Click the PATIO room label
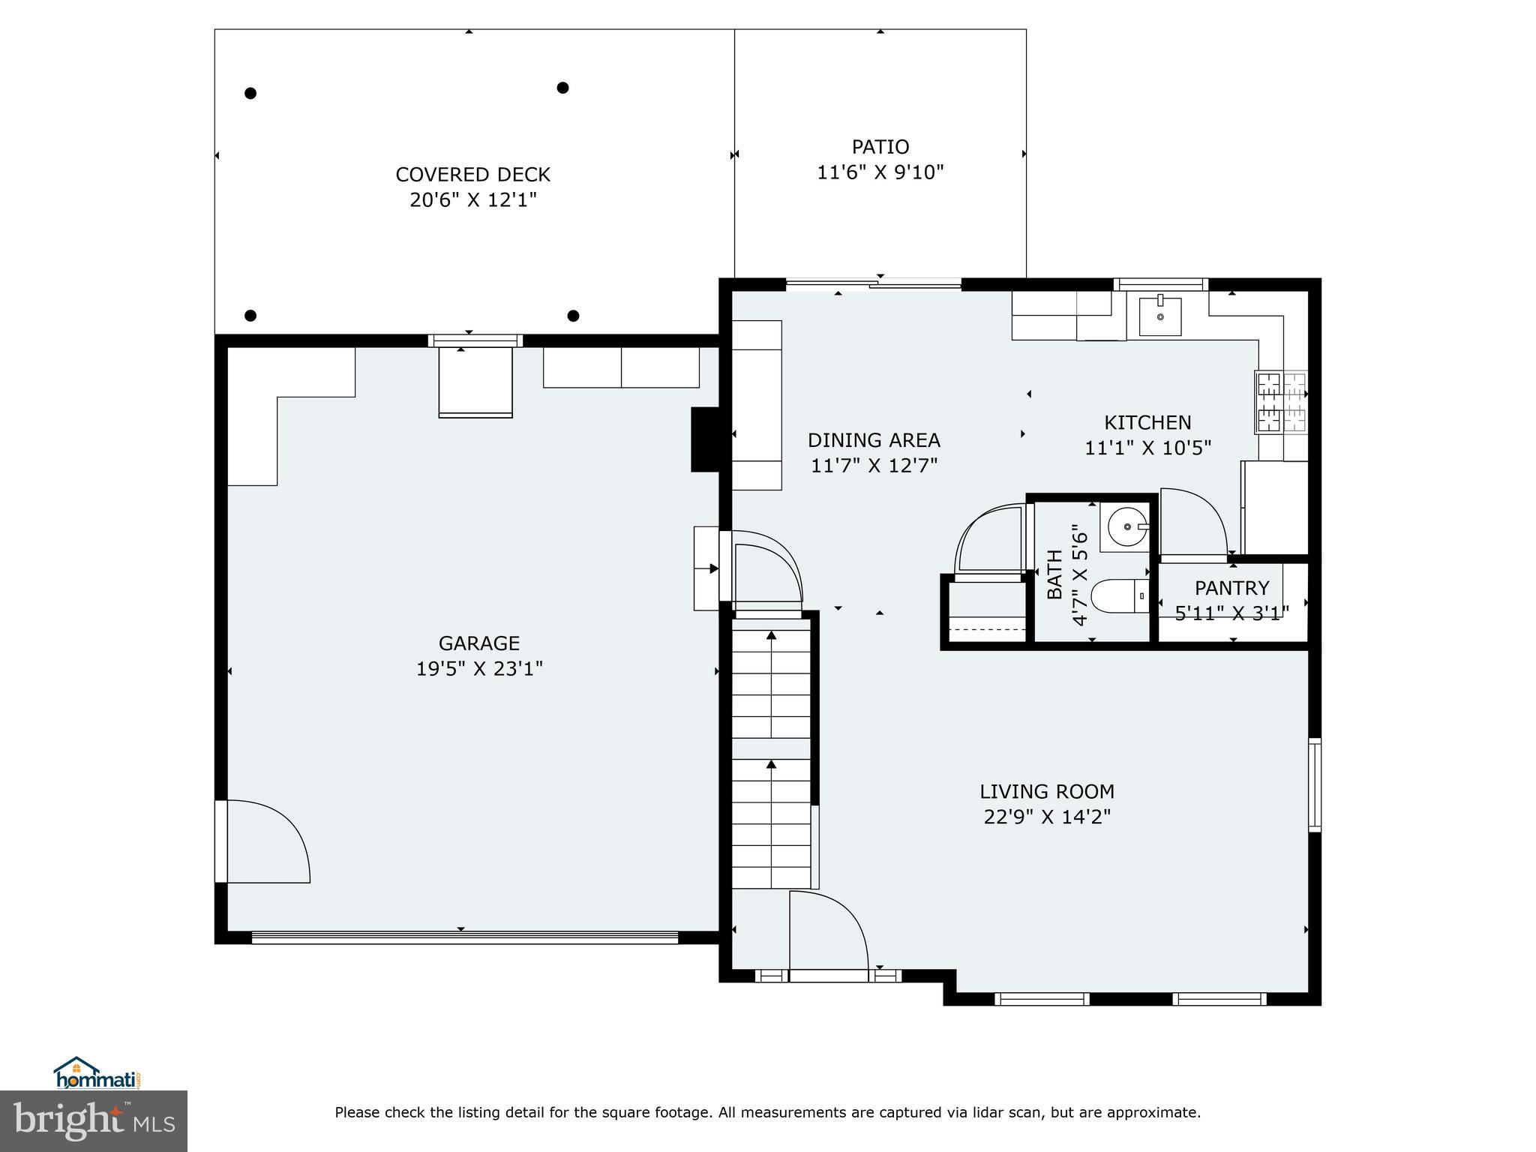(x=880, y=147)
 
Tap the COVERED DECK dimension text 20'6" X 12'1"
(x=473, y=200)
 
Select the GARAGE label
(x=479, y=643)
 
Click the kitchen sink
(x=1159, y=316)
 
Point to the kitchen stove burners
(x=1281, y=403)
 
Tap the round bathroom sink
(x=1127, y=527)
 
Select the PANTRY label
(x=1231, y=588)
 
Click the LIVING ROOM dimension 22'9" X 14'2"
(x=1047, y=817)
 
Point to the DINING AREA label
(x=874, y=440)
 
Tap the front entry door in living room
(x=829, y=930)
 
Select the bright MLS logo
(x=94, y=1120)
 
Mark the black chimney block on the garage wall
(x=705, y=439)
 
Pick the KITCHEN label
(x=1147, y=422)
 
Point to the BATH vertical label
(x=1054, y=574)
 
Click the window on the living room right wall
(x=1314, y=784)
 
